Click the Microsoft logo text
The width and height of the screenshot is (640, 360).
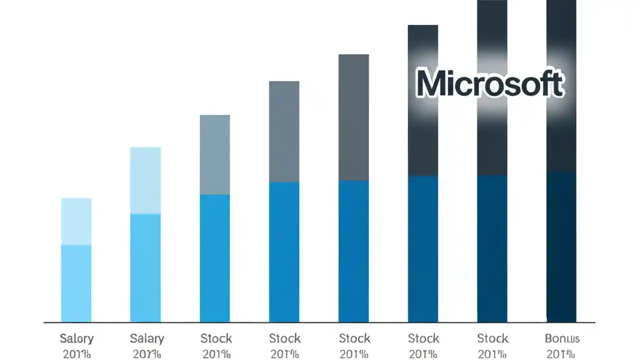tap(490, 84)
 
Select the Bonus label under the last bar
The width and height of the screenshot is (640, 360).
tap(561, 338)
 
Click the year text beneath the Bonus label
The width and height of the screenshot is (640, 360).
tap(561, 354)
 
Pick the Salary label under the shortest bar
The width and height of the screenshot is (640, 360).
tap(76, 338)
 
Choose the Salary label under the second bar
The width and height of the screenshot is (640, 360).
tap(146, 338)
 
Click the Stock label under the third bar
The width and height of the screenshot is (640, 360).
tap(216, 338)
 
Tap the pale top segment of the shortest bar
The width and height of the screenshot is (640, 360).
tap(76, 221)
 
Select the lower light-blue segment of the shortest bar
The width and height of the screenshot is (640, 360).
tap(76, 283)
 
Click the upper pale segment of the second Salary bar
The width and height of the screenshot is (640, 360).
tap(145, 180)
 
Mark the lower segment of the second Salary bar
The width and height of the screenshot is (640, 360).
tap(145, 267)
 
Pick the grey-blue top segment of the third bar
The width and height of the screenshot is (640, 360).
tap(215, 154)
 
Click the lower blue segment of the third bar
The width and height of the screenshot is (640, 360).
tap(215, 258)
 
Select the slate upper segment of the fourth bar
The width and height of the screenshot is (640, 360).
tap(284, 131)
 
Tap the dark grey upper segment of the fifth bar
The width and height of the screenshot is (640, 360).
tap(353, 117)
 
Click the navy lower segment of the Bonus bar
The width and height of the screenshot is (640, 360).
tap(561, 247)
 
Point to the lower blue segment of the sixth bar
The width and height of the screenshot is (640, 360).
tap(423, 248)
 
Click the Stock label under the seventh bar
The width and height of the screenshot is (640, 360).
tap(492, 338)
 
